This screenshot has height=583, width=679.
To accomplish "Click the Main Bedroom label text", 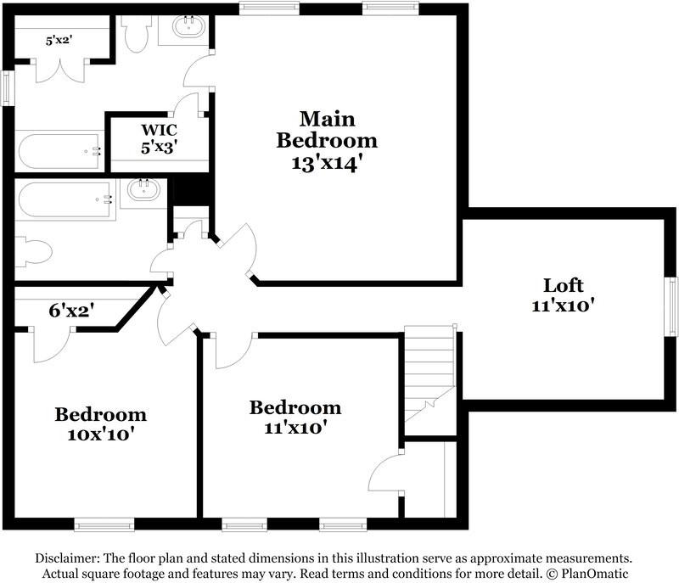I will click(x=327, y=129).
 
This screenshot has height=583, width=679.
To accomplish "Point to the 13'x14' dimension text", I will click(x=327, y=162).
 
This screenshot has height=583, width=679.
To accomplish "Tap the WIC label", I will click(x=158, y=131).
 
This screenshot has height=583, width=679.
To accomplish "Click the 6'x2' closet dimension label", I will click(x=70, y=311).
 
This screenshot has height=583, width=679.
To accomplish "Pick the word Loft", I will click(x=564, y=285).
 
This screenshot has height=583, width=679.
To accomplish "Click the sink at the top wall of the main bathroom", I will click(x=188, y=28).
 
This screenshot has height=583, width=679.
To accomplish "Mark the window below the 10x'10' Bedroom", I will click(x=104, y=525).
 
